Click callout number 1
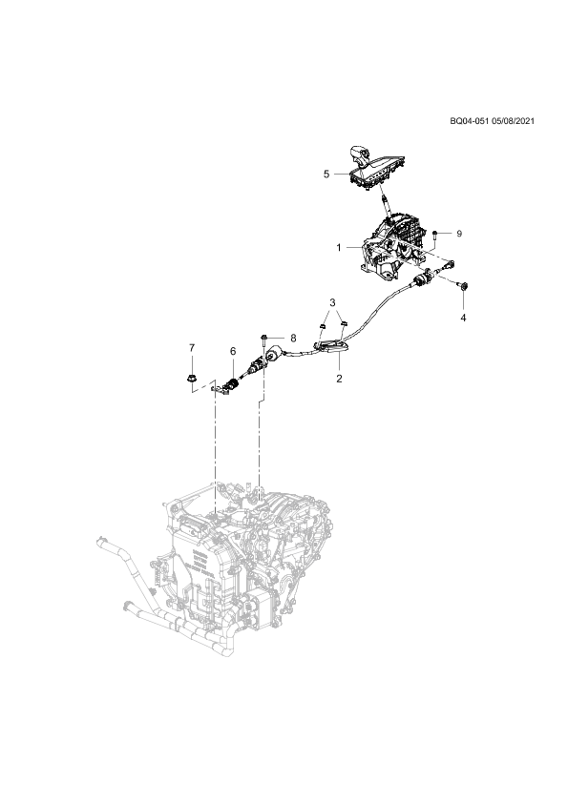(x=339, y=248)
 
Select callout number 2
(x=339, y=379)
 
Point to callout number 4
(x=463, y=318)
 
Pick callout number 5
(x=326, y=175)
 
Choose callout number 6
(x=233, y=351)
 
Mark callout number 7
(x=192, y=348)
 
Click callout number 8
(x=293, y=338)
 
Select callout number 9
(x=459, y=234)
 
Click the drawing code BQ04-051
(x=469, y=121)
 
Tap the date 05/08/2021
(x=513, y=121)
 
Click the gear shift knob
(x=358, y=155)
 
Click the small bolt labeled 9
(x=434, y=235)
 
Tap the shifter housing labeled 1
(x=392, y=246)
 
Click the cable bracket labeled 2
(x=331, y=347)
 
